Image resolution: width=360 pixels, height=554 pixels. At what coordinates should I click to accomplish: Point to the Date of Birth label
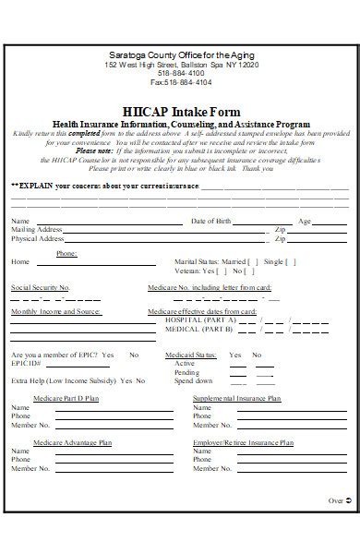[x=210, y=222]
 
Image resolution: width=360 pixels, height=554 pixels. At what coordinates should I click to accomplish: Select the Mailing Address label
[x=37, y=230]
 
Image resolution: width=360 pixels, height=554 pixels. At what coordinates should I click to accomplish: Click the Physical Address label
[x=39, y=239]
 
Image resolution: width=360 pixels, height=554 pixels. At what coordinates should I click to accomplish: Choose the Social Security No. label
[x=41, y=288]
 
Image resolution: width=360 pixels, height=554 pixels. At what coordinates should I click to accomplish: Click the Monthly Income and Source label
[x=55, y=312]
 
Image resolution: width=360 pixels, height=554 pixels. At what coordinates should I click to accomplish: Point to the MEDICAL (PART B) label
[x=197, y=329]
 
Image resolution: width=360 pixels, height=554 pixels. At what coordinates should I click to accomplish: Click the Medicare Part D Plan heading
[x=66, y=399]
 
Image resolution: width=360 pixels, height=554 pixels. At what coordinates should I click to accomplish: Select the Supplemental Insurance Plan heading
[x=236, y=399]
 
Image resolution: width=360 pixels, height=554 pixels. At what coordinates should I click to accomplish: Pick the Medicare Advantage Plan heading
[x=72, y=443]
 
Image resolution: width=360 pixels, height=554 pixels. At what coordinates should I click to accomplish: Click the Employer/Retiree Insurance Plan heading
[x=236, y=443]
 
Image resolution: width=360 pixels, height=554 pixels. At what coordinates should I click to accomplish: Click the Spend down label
[x=193, y=380]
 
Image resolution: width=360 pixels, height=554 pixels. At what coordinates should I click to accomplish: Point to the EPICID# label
[x=26, y=364]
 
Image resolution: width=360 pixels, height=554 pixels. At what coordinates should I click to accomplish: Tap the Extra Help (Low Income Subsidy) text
[x=63, y=380]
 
